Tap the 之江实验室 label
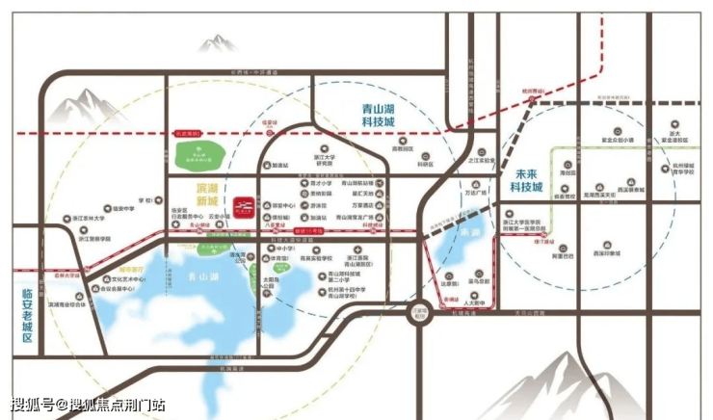[x=481, y=161]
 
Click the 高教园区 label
[x=401, y=149]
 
